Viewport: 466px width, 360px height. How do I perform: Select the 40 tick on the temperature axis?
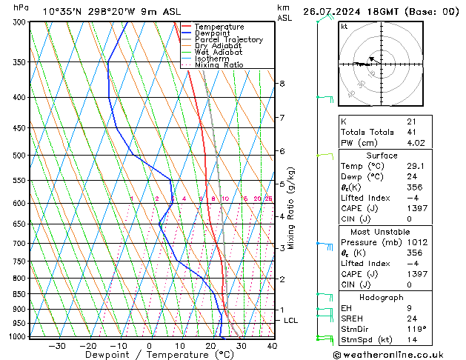pos(272,346)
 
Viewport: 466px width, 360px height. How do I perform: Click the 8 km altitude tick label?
pos(282,84)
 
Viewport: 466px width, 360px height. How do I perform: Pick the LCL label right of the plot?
pos(291,321)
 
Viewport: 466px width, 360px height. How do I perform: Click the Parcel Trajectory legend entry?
pos(228,39)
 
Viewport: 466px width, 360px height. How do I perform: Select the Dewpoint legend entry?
pos(213,33)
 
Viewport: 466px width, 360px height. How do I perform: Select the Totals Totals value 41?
pos(412,132)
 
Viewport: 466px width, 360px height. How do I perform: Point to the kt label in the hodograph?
pos(344,27)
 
